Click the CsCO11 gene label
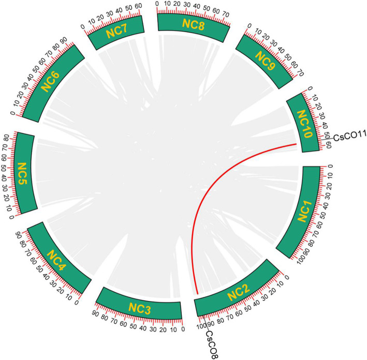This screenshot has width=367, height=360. [x=348, y=137]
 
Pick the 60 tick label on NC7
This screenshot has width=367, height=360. [x=138, y=7]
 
